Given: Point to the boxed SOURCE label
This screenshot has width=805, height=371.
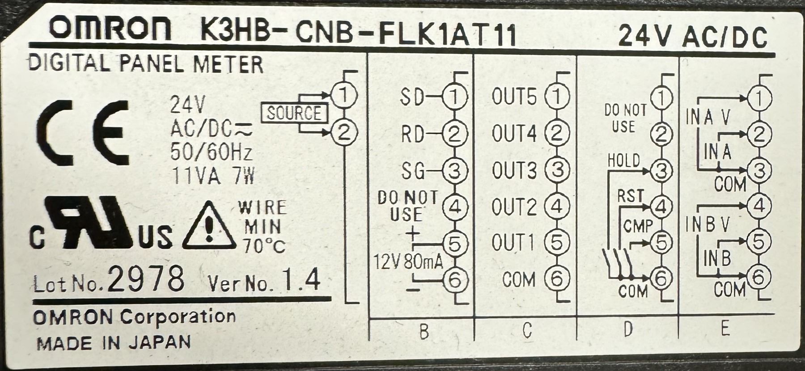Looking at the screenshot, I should (294, 114).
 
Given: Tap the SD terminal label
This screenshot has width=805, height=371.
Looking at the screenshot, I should (411, 97).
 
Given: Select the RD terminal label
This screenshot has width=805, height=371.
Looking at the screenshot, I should (412, 134).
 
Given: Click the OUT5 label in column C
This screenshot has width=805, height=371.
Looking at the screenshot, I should (514, 97).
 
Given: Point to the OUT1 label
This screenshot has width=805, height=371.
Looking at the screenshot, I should (513, 243).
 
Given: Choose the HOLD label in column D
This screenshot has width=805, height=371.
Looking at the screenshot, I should (623, 160).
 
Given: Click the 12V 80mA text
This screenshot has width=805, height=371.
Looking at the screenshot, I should (408, 262).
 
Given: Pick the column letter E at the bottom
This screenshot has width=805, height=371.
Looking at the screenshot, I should (725, 329).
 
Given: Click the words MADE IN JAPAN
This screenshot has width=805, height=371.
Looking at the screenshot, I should (114, 343).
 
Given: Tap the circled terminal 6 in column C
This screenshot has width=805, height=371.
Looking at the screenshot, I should (557, 279).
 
